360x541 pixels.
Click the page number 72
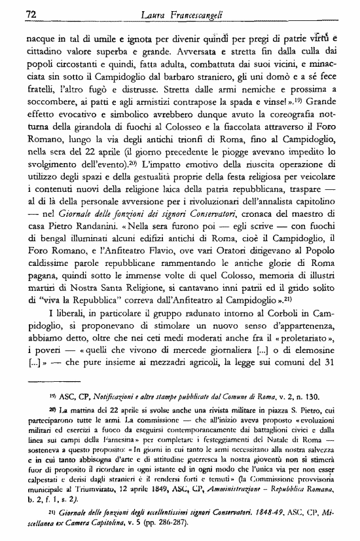pos(30,12)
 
